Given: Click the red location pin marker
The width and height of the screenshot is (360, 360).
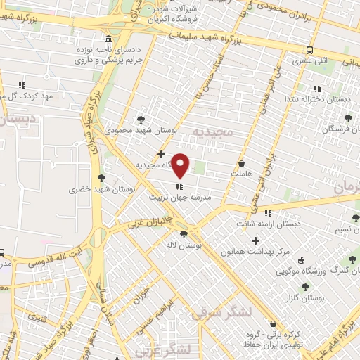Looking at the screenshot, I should (x=181, y=166).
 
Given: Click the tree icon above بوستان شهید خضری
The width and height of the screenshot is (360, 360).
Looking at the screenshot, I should (x=103, y=178).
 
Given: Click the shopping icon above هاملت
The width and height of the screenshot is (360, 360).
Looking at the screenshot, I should (x=242, y=163).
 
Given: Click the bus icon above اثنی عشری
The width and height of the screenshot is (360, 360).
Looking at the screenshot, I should (x=309, y=50).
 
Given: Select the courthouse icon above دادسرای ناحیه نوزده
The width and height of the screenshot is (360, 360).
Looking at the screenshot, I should (x=107, y=39).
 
